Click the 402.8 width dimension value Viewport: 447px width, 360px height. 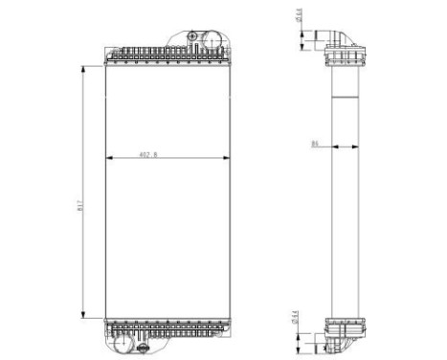[x=148, y=153]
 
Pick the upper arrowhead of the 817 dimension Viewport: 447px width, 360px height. [x=84, y=67]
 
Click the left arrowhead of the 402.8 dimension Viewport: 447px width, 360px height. [x=107, y=157]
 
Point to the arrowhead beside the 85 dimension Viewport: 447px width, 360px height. [x=328, y=147]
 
